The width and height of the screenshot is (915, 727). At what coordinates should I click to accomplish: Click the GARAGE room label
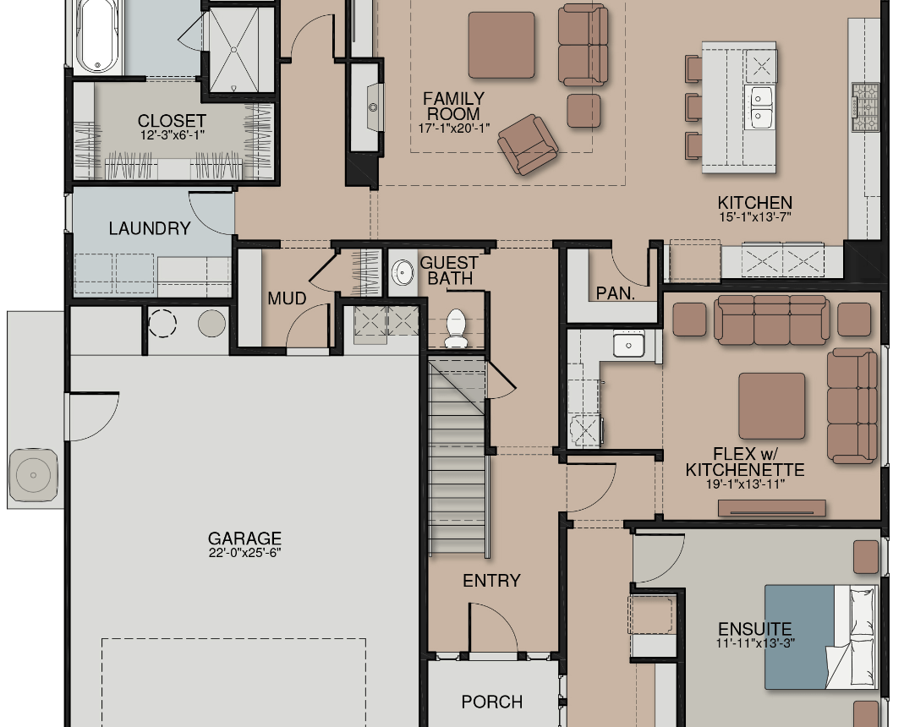click(x=244, y=538)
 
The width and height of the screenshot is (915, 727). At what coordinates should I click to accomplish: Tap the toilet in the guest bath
click(x=456, y=329)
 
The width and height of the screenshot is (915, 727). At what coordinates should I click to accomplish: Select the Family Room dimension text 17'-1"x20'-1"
click(x=454, y=128)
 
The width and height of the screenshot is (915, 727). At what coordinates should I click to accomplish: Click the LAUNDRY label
click(x=150, y=228)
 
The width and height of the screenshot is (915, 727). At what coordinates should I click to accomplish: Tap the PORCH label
click(x=492, y=702)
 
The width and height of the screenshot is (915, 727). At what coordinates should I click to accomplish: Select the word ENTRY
click(x=491, y=581)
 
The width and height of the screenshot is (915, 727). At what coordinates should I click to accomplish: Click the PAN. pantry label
click(x=615, y=292)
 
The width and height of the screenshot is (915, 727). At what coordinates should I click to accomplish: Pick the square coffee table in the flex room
click(x=771, y=406)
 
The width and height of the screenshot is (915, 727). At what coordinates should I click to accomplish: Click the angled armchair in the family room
click(x=528, y=144)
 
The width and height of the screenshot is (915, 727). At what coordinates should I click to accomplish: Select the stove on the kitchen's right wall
click(x=865, y=107)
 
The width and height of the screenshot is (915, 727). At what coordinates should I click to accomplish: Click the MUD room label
click(x=287, y=298)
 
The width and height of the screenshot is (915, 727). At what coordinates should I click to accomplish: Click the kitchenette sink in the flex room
click(x=628, y=344)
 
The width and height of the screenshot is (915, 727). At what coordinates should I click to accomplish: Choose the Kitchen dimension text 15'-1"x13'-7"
click(x=755, y=217)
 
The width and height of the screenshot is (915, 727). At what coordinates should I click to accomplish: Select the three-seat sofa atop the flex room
click(x=771, y=320)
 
